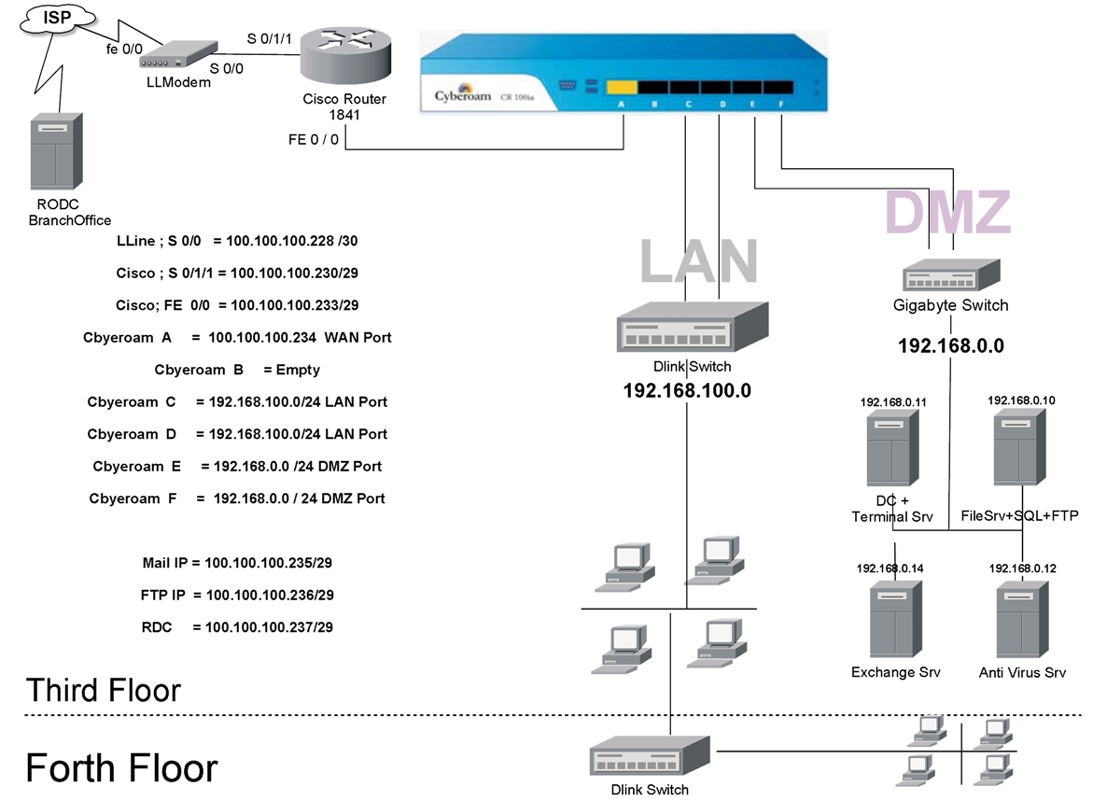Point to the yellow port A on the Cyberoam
coord(622,88)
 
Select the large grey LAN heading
coord(698,260)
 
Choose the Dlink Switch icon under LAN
coord(692,330)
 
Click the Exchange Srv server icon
coord(896,620)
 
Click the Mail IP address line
coord(237,563)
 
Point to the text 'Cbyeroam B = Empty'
coord(237,370)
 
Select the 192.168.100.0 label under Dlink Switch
coord(687,390)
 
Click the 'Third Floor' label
coord(104,691)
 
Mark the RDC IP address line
coord(237,627)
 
